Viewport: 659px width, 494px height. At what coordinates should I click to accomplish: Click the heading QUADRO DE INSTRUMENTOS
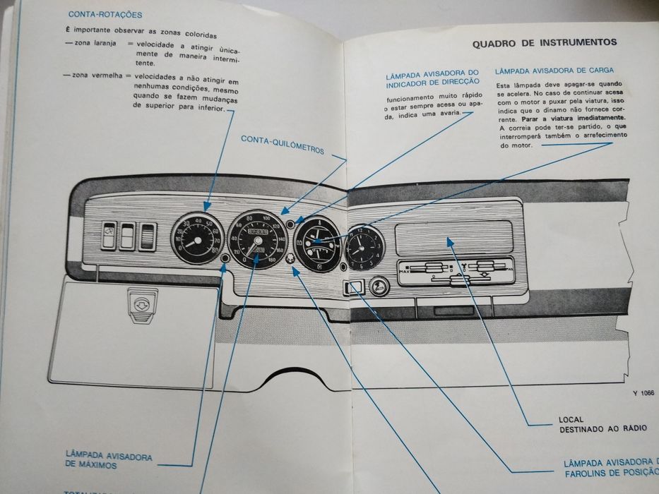[x=544, y=42]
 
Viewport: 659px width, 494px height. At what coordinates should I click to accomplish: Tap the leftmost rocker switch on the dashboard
[x=109, y=236]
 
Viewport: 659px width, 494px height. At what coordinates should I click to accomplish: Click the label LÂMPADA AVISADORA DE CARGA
[x=554, y=71]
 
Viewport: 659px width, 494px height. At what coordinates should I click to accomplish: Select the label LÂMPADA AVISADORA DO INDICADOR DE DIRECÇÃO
[x=433, y=78]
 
